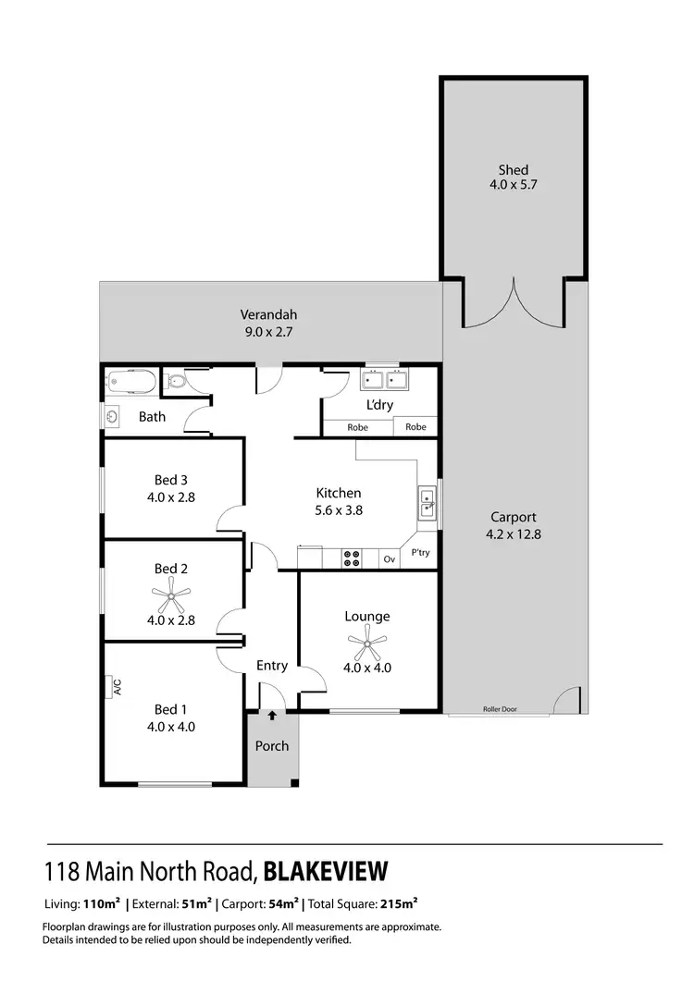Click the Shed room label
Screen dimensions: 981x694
pyautogui.click(x=514, y=169)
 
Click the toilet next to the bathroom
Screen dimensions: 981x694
pyautogui.click(x=176, y=380)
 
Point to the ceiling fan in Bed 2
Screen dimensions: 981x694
pyautogui.click(x=170, y=595)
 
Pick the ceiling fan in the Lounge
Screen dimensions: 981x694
pyautogui.click(x=367, y=641)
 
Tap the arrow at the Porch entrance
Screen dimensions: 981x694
pyautogui.click(x=272, y=715)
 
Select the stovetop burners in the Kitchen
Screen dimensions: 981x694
pyautogui.click(x=353, y=558)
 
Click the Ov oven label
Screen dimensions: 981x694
pyautogui.click(x=390, y=558)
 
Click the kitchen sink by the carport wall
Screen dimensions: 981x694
pyautogui.click(x=427, y=504)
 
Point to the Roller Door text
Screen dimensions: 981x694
pyautogui.click(x=500, y=709)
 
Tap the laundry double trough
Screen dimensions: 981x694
pyautogui.click(x=383, y=380)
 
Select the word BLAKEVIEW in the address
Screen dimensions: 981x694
pyautogui.click(x=326, y=871)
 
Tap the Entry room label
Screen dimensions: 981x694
pyautogui.click(x=272, y=666)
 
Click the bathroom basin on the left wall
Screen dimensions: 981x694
pyautogui.click(x=112, y=416)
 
